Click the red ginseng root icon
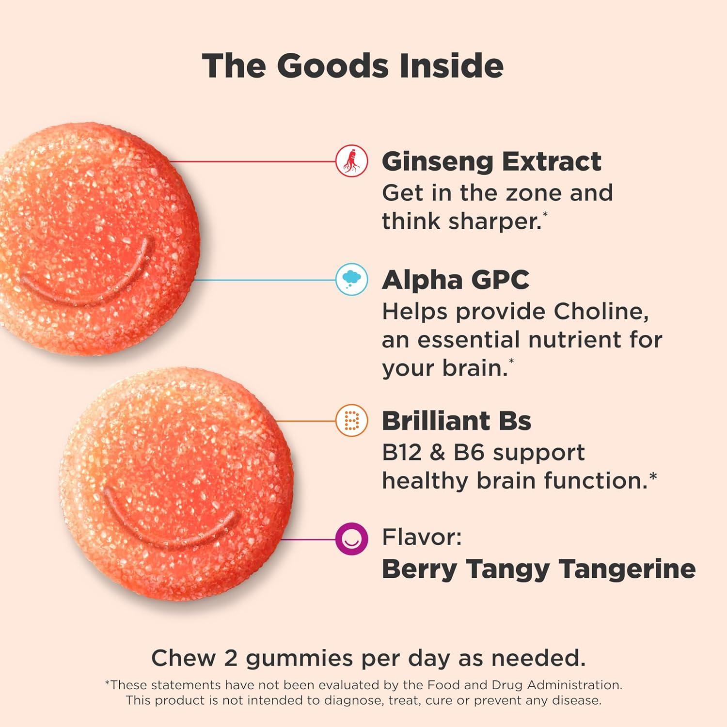pos(352,161)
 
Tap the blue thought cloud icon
pos(352,279)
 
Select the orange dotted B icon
pos(352,420)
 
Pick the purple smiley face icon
pos(352,538)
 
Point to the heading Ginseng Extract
pos(491,161)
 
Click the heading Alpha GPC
pos(455,280)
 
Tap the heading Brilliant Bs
pos(456,420)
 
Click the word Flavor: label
pos(422,537)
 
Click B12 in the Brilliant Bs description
pos(402,452)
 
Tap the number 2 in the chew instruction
pos(230,658)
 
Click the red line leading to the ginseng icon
pos(252,161)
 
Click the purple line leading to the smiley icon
pos(308,538)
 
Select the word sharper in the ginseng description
pos(494,221)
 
